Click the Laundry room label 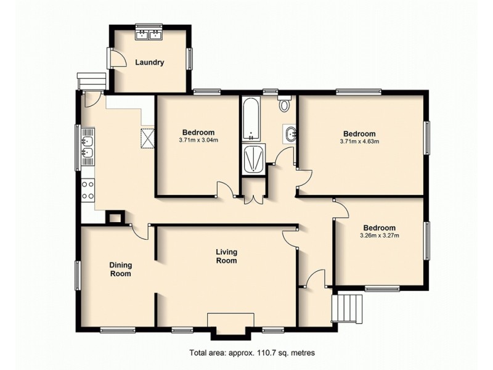point(149,62)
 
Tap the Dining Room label point(121,269)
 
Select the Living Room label point(226,256)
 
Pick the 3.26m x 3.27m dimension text point(379,235)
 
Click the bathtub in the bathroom point(251,119)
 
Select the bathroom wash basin point(290,133)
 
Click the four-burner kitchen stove point(88,189)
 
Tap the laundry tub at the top point(148,34)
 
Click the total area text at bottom point(252,353)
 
